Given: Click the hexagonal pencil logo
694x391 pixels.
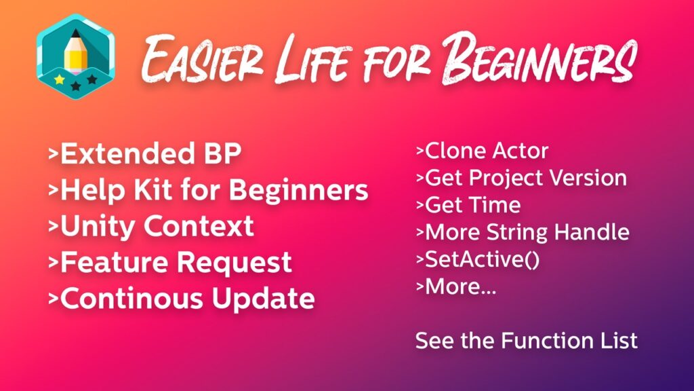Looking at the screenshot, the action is pos(76,56).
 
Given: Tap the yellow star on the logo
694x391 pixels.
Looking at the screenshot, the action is pos(60,80).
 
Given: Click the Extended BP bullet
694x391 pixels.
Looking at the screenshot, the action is pos(145,153).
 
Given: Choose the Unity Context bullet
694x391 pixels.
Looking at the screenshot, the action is pos(151,226).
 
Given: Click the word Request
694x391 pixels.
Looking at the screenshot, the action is pos(234,263).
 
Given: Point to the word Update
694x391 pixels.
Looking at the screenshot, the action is pos(263,299).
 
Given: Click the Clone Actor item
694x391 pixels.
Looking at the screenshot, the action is pos(483,151).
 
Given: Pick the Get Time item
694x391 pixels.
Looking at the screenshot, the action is pos(468,205).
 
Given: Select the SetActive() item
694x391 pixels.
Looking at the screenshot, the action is pos(478,260).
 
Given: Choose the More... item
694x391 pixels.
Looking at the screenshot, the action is pos(456,287).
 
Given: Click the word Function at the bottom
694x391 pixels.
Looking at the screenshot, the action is pos(547,341).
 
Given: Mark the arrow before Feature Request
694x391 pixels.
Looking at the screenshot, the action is pos(53,263).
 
